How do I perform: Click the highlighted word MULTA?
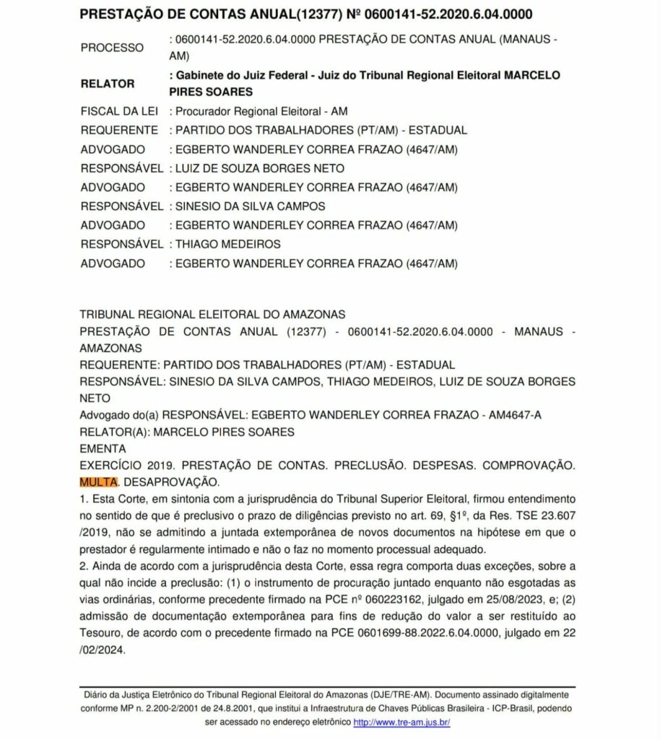point(97,481)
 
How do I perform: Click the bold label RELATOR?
point(107,83)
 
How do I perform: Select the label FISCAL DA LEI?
point(119,112)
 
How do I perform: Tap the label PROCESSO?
point(112,48)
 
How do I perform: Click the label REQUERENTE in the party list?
point(119,131)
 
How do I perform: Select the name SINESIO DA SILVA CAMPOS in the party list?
point(250,206)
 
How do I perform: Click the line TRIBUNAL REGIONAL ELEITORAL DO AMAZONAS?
point(212,315)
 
